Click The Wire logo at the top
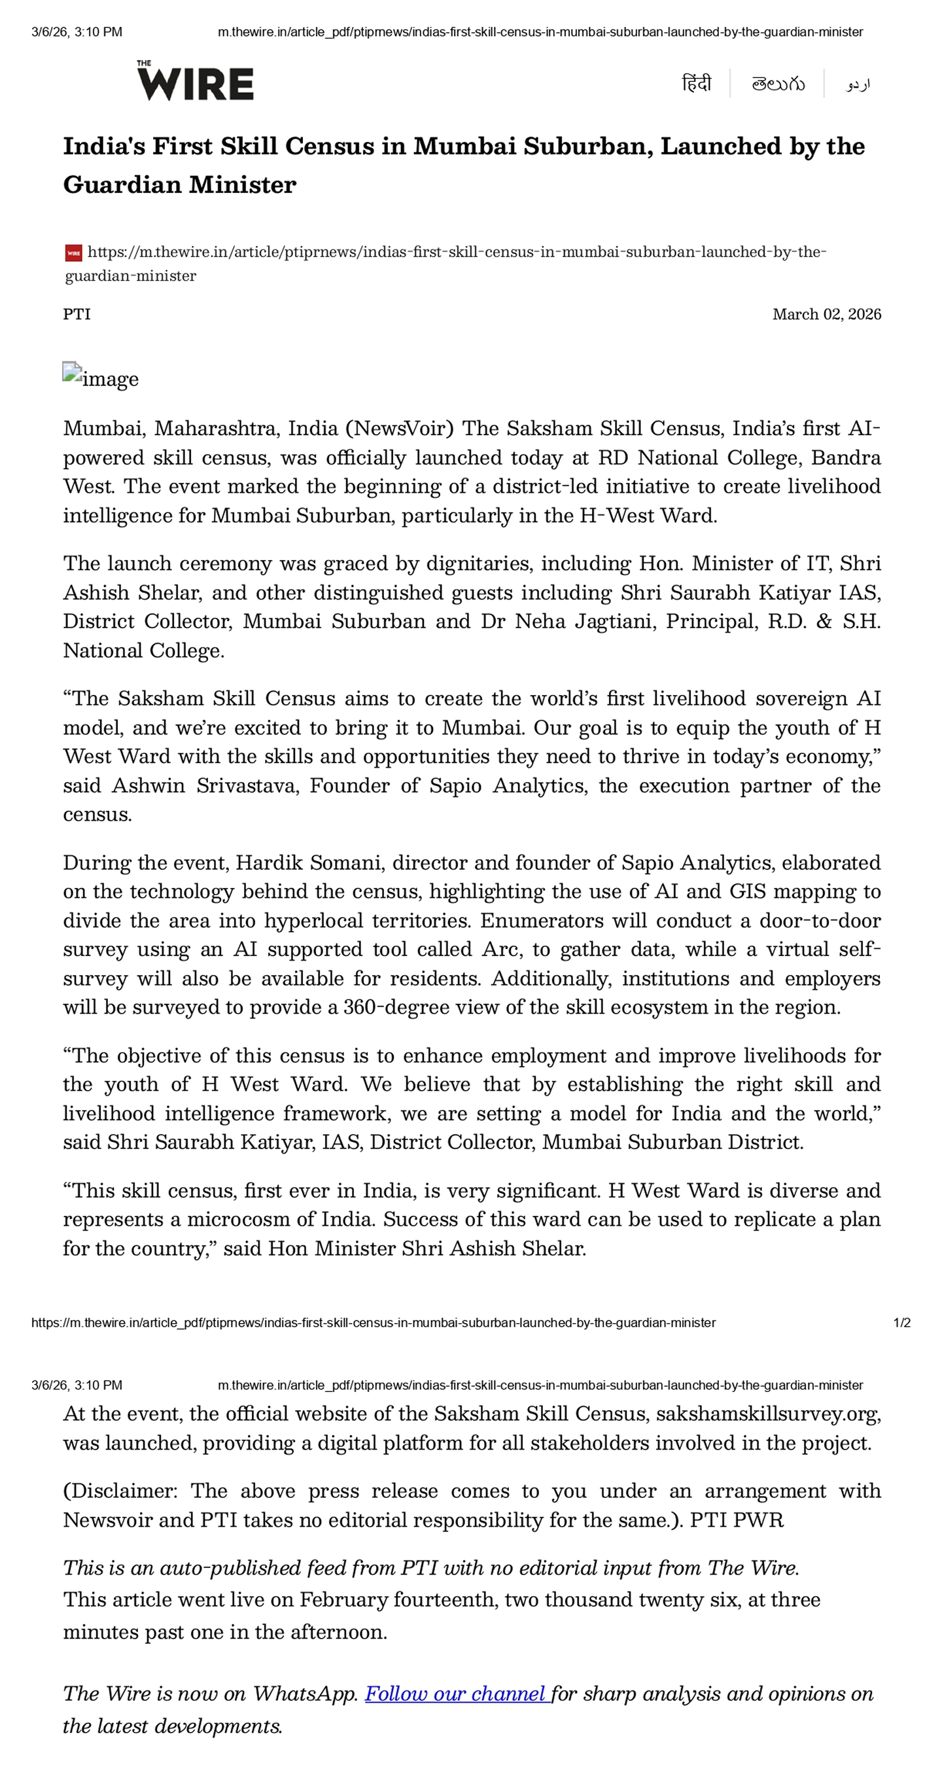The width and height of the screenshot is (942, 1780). tap(195, 82)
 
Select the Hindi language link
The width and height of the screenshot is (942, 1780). tap(695, 84)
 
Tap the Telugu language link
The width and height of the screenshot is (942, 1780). tap(778, 84)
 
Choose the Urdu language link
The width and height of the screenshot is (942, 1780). tap(858, 84)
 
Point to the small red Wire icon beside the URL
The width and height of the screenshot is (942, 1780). tap(73, 253)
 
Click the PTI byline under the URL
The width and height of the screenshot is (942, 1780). tap(77, 314)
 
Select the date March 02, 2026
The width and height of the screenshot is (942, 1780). tap(826, 314)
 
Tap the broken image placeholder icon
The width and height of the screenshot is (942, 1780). tap(72, 372)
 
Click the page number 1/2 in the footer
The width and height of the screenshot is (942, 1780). tap(901, 1323)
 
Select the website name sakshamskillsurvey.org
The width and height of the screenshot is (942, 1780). tap(767, 1414)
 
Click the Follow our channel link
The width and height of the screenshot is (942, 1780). tap(457, 1694)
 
